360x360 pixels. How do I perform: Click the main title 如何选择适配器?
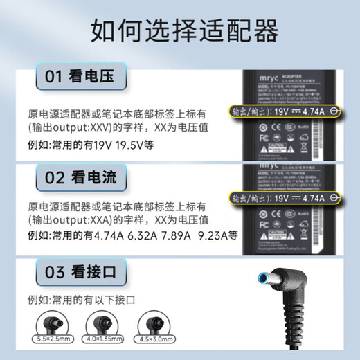click(179, 31)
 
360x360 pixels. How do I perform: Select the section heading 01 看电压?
click(77, 77)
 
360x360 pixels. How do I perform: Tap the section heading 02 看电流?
click(77, 179)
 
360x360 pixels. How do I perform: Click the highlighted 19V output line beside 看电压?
click(287, 111)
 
